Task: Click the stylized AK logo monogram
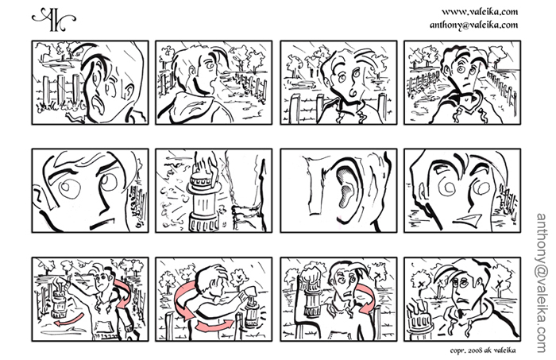tap(53, 19)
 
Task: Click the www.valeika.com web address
tap(480, 12)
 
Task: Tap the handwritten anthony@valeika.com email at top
tap(473, 25)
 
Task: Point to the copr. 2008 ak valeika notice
tap(483, 350)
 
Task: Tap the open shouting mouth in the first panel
tap(96, 103)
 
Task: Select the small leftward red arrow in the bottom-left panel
tap(69, 319)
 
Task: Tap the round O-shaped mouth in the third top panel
tap(353, 92)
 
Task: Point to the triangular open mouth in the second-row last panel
tap(467, 219)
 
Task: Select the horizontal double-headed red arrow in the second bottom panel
tap(215, 325)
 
